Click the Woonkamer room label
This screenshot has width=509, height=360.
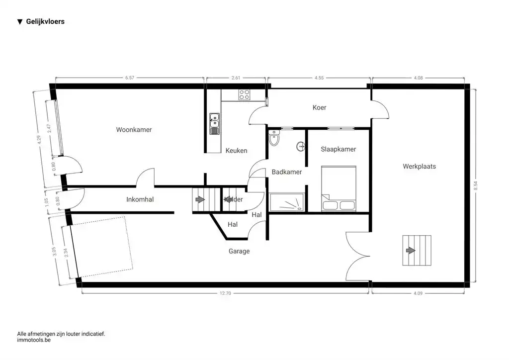[x=134, y=130]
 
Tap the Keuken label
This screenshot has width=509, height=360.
[x=236, y=151]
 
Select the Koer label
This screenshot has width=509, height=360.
[x=319, y=107]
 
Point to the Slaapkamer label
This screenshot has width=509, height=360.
[x=338, y=149]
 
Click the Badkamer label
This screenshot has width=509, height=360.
[x=287, y=172]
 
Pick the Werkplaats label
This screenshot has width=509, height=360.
[x=419, y=166]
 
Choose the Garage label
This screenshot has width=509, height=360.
[x=239, y=251]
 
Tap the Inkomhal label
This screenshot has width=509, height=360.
[x=140, y=200]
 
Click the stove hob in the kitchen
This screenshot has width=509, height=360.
[x=244, y=94]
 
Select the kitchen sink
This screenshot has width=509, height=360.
[x=215, y=124]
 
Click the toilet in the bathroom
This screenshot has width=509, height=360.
[x=274, y=139]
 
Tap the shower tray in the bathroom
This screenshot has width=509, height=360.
[x=286, y=202]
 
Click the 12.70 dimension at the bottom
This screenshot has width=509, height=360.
[x=225, y=293]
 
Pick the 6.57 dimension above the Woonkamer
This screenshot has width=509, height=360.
[x=130, y=78]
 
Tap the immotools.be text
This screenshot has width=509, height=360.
[x=34, y=341]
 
